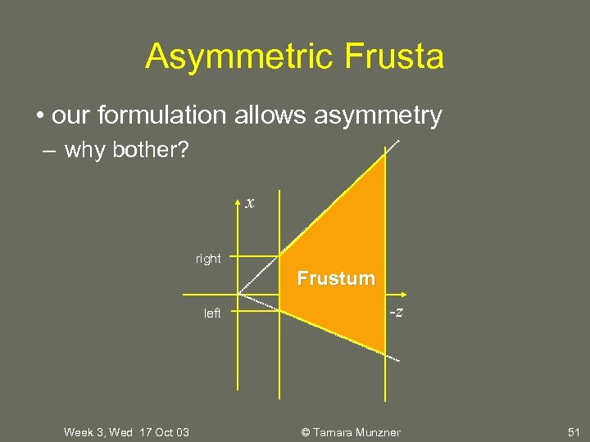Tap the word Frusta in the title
tap(395, 56)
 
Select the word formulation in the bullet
tap(163, 115)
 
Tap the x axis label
tap(250, 202)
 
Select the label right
tap(208, 259)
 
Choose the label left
tap(212, 313)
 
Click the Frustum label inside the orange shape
tap(336, 278)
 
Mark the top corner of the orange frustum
tap(384, 156)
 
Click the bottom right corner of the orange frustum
tap(384, 354)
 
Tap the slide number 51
tap(573, 432)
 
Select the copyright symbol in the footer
tap(305, 432)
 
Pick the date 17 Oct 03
tap(164, 432)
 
